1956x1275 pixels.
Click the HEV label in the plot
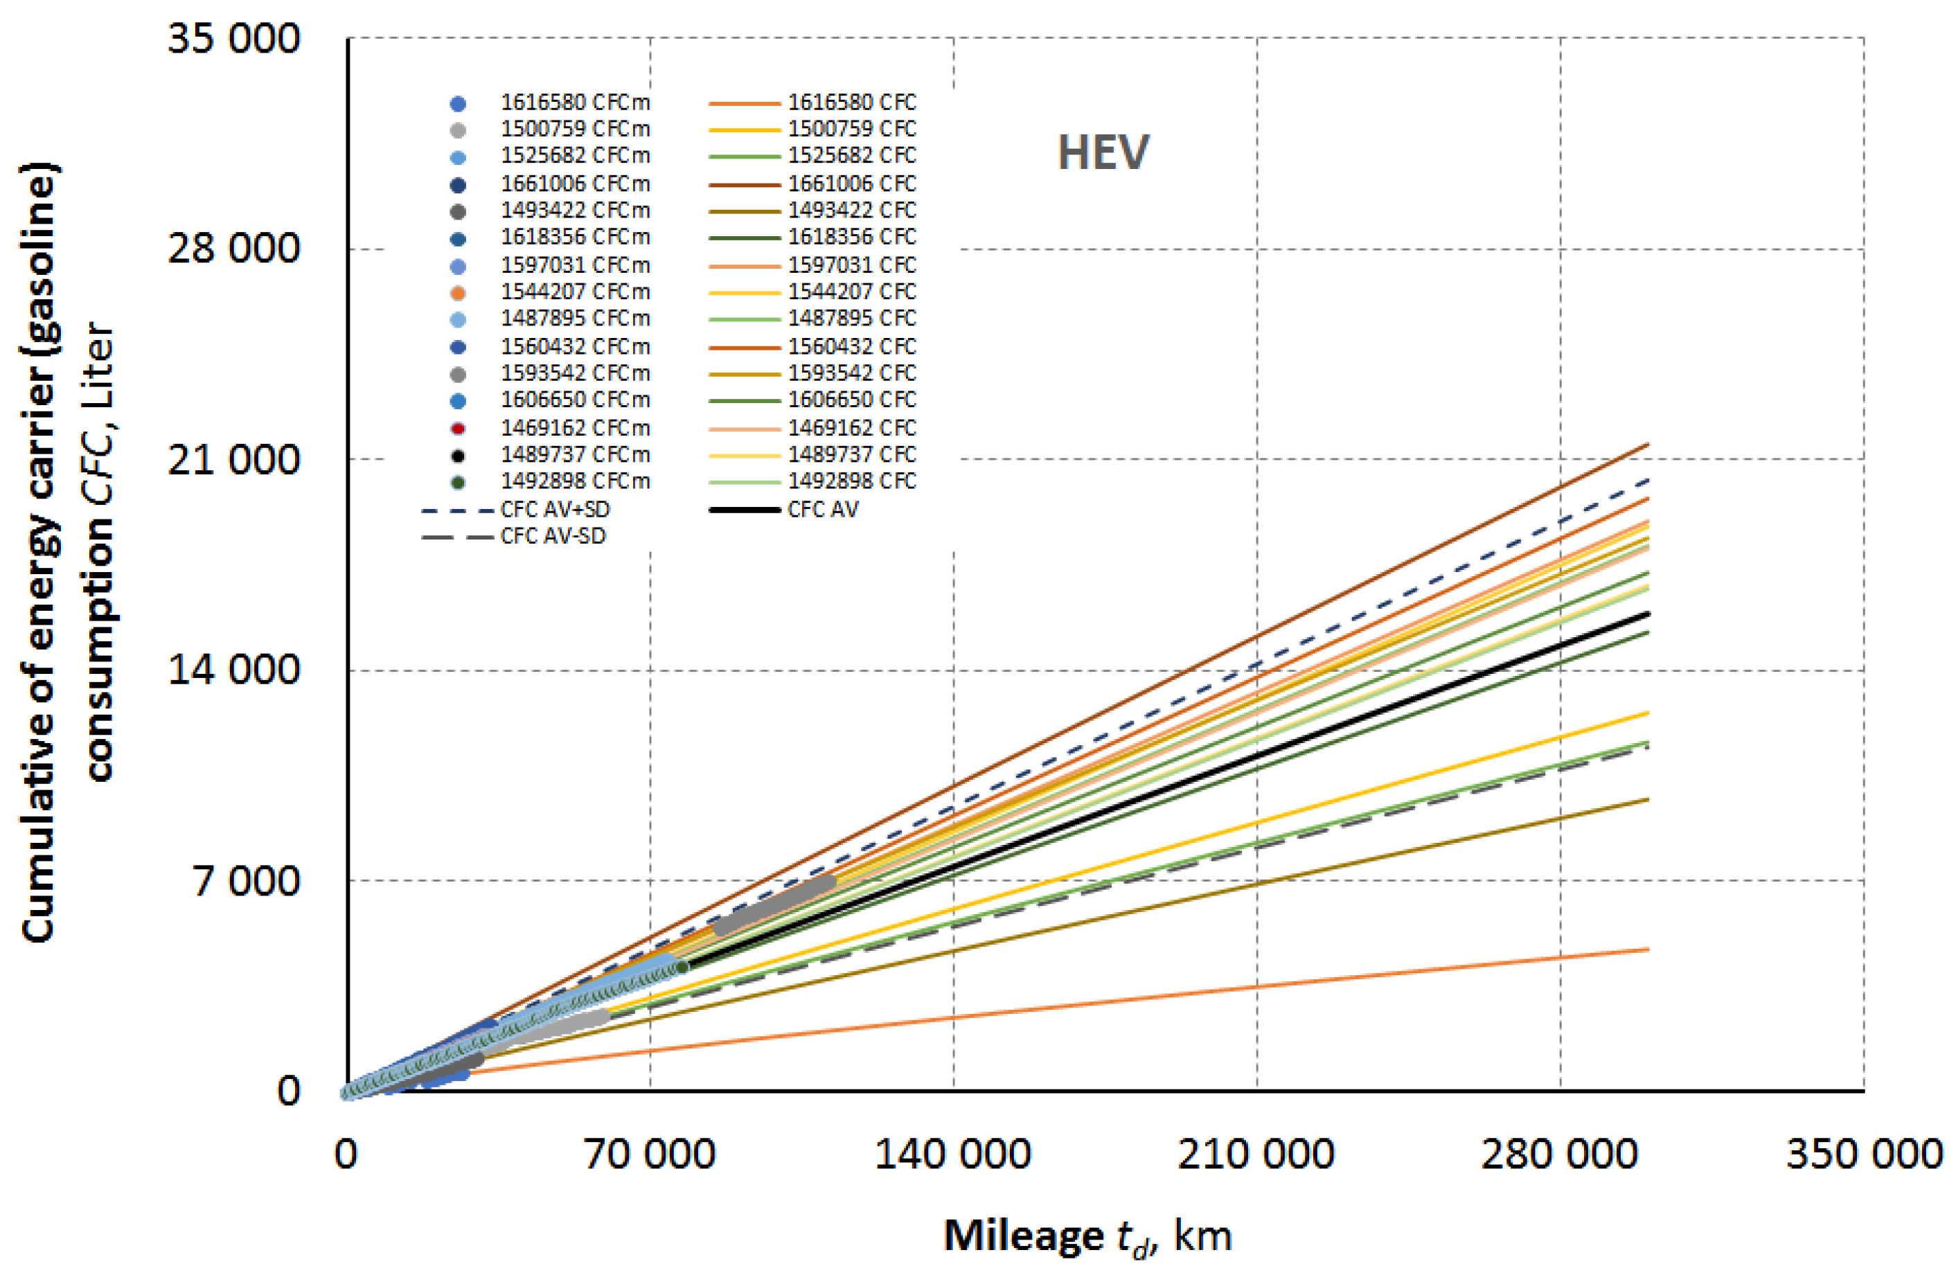1103,153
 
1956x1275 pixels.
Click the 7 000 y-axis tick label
247,881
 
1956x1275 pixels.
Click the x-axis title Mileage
1024,1235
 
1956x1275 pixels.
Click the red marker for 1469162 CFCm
459,428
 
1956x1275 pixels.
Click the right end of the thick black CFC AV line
1647,614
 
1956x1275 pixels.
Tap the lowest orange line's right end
1647,949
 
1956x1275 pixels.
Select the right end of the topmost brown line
1647,445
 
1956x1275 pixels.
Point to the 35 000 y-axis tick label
234,38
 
